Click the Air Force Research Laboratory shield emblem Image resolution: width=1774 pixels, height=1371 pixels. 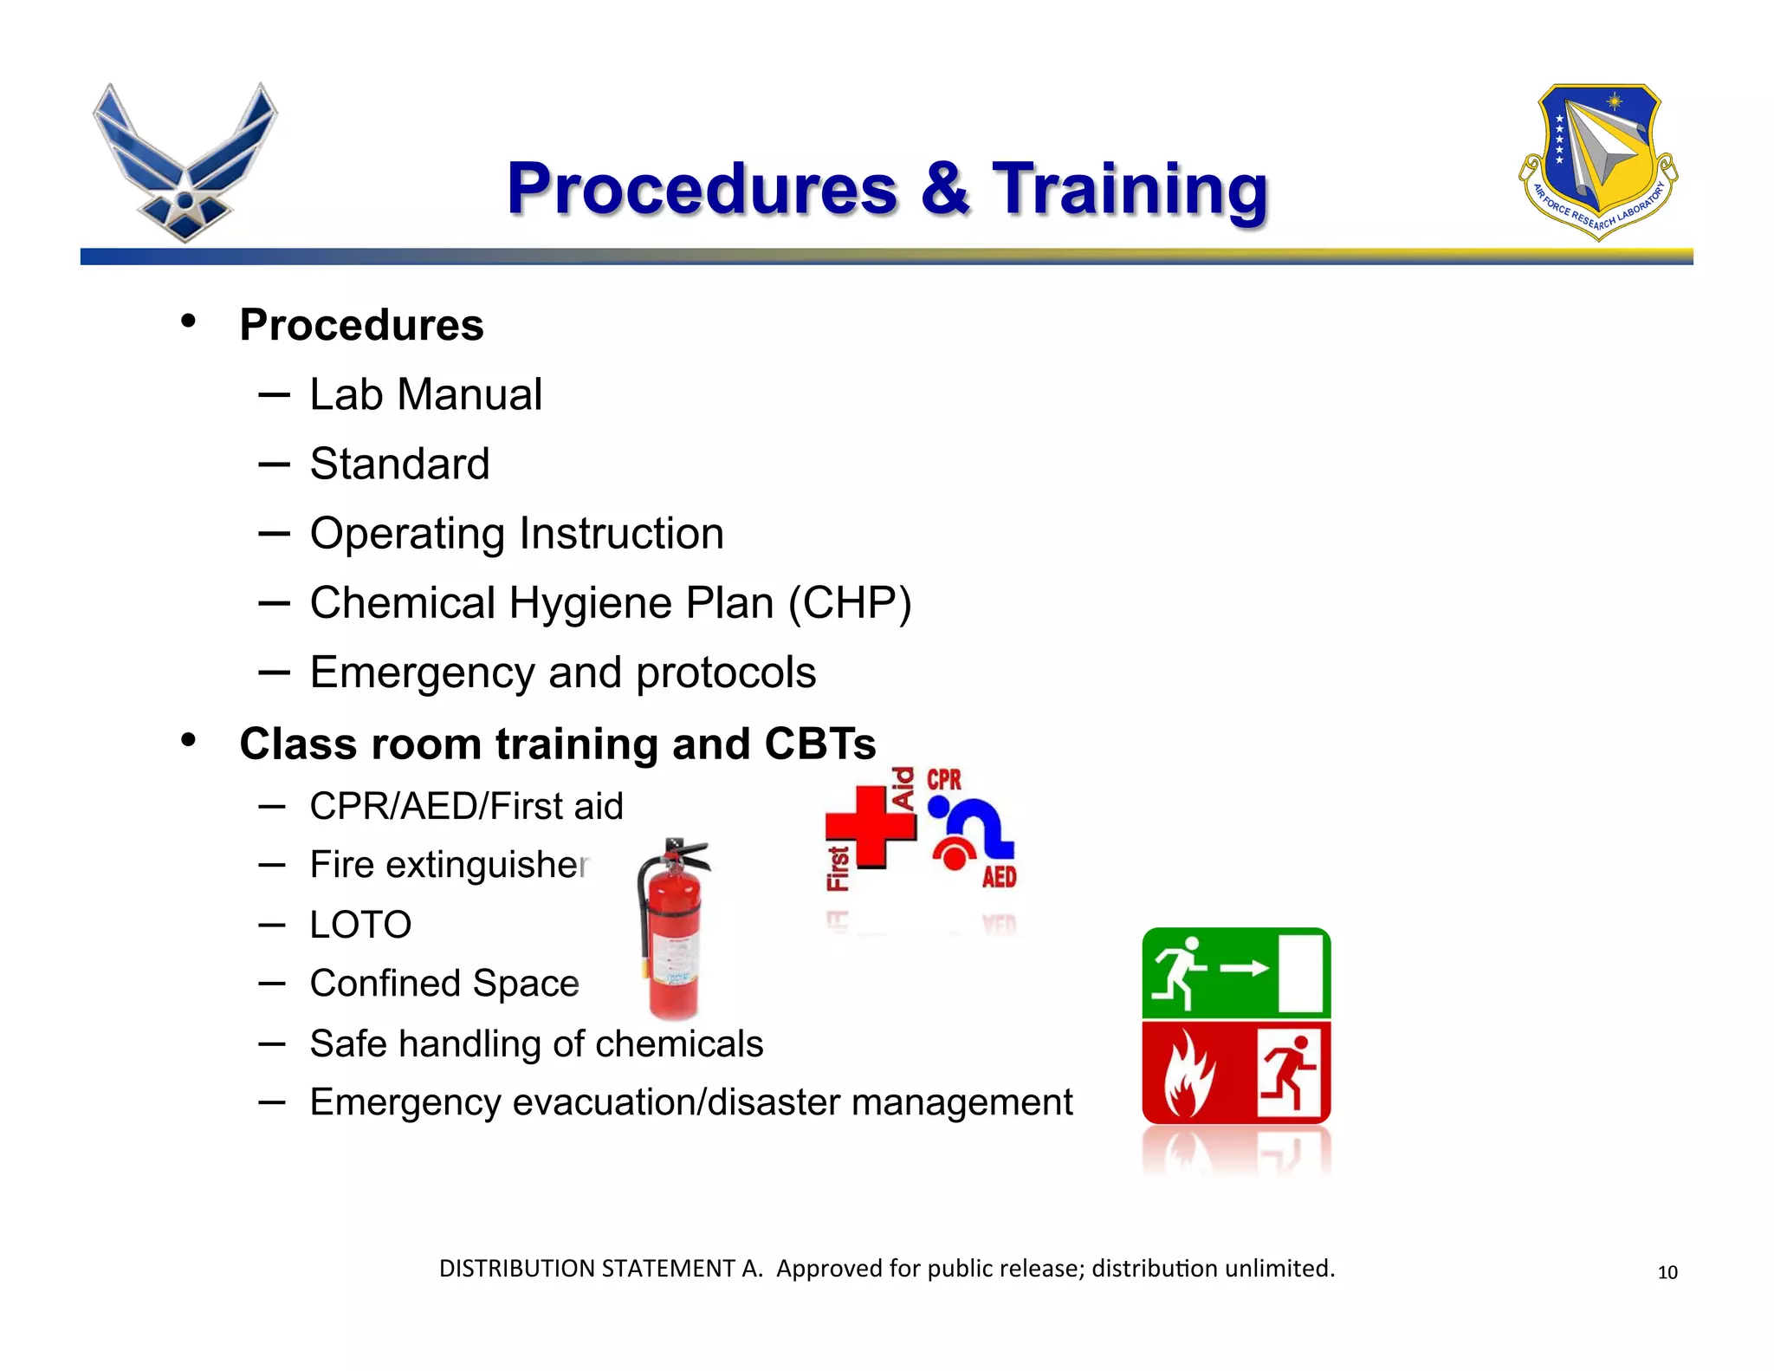pyautogui.click(x=1598, y=161)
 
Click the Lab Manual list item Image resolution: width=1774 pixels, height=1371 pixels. pyautogui.click(x=425, y=394)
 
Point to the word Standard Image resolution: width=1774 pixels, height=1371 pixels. pyautogui.click(x=399, y=464)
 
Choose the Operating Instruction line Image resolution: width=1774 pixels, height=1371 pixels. pyautogui.click(x=516, y=533)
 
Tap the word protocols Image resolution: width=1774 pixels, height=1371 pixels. pyautogui.click(x=725, y=673)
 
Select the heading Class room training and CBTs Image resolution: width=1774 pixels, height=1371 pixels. pyautogui.click(x=557, y=744)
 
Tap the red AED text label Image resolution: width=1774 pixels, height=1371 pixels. pyautogui.click(x=999, y=877)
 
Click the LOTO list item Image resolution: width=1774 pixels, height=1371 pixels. pyautogui.click(x=360, y=925)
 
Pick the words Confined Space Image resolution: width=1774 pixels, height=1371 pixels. pyautogui.click(x=443, y=984)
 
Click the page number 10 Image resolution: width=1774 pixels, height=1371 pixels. pyautogui.click(x=1667, y=1272)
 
